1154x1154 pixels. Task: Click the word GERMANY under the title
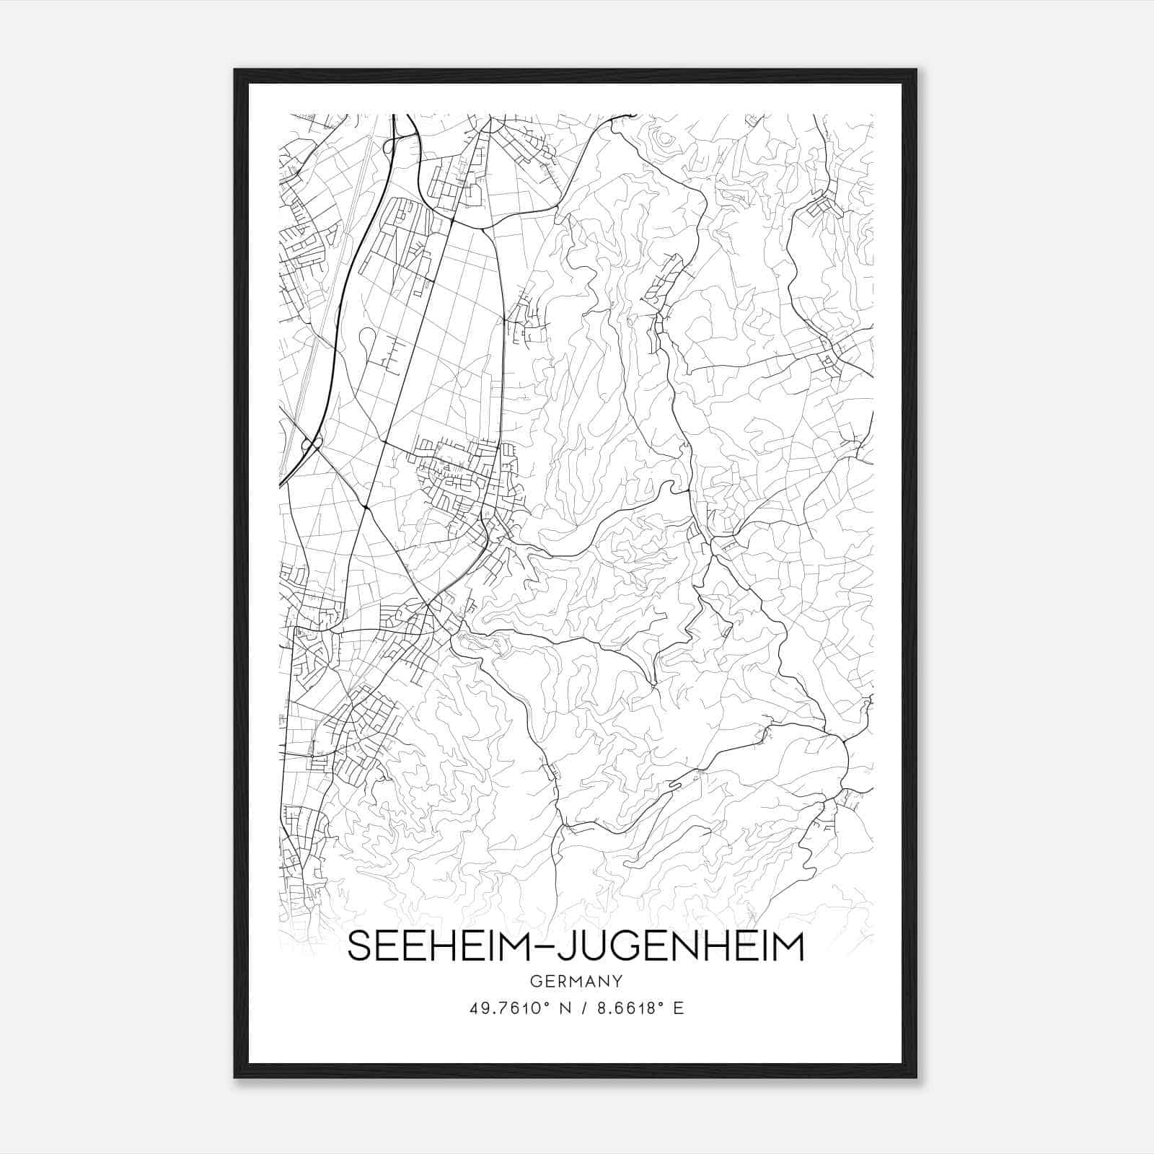pyautogui.click(x=576, y=981)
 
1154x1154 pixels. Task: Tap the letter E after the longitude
pyautogui.click(x=678, y=1008)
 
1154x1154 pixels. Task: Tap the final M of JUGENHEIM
pyautogui.click(x=790, y=947)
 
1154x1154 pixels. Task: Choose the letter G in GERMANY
pyautogui.click(x=535, y=981)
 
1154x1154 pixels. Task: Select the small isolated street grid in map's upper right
pyautogui.click(x=822, y=208)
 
